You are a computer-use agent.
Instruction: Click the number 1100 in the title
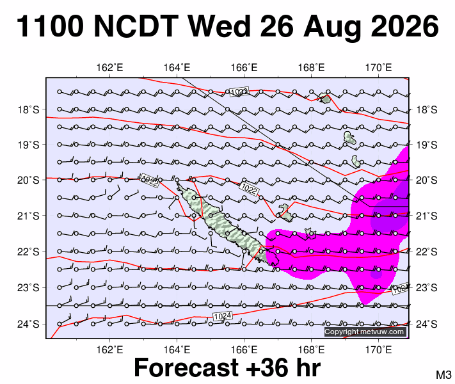click(x=50, y=26)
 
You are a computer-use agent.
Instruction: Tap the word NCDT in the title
click(x=136, y=26)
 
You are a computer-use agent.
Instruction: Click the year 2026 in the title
click(x=405, y=26)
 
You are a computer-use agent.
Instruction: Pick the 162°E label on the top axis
click(x=109, y=68)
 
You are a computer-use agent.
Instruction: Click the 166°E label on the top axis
click(x=244, y=68)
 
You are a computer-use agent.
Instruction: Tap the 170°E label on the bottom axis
click(x=378, y=349)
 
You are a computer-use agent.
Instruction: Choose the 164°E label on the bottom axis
click(x=177, y=349)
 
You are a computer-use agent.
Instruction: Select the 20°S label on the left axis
click(x=28, y=180)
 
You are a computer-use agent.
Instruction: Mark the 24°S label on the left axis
click(x=28, y=324)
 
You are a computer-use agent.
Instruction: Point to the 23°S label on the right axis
click(x=427, y=288)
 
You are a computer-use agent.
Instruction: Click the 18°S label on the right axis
click(x=427, y=109)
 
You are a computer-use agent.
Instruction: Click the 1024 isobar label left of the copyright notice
click(x=223, y=316)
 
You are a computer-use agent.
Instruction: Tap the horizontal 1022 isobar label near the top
click(x=239, y=92)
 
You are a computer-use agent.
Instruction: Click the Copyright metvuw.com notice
click(x=365, y=332)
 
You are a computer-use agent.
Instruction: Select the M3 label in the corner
click(x=443, y=375)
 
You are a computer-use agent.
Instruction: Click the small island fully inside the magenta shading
click(x=310, y=233)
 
